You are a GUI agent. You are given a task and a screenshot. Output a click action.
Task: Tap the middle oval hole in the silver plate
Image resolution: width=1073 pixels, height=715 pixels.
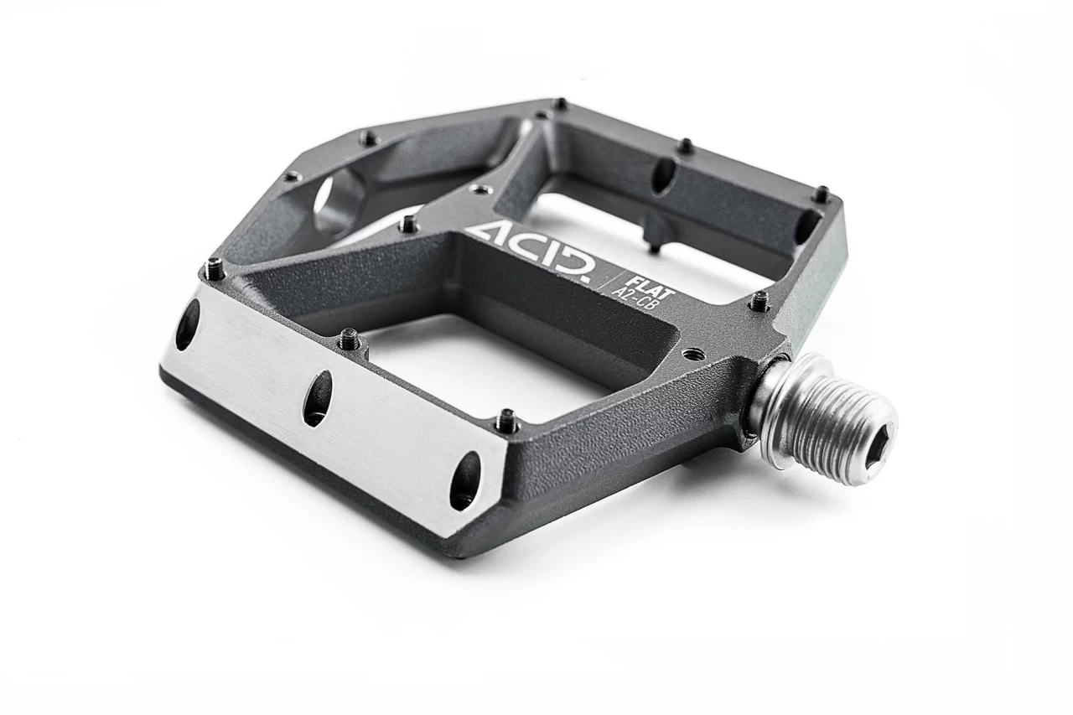[318, 397]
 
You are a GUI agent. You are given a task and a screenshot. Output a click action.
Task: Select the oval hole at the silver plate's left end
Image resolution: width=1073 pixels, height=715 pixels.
[186, 324]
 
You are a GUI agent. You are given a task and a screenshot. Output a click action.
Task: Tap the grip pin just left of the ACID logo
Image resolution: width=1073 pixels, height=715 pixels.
[408, 223]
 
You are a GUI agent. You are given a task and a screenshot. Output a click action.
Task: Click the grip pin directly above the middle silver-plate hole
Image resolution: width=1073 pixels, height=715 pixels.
[350, 338]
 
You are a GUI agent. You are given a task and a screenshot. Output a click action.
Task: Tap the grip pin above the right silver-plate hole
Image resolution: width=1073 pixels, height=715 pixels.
[506, 418]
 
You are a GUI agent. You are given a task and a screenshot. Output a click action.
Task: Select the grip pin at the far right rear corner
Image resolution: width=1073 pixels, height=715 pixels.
[822, 193]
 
